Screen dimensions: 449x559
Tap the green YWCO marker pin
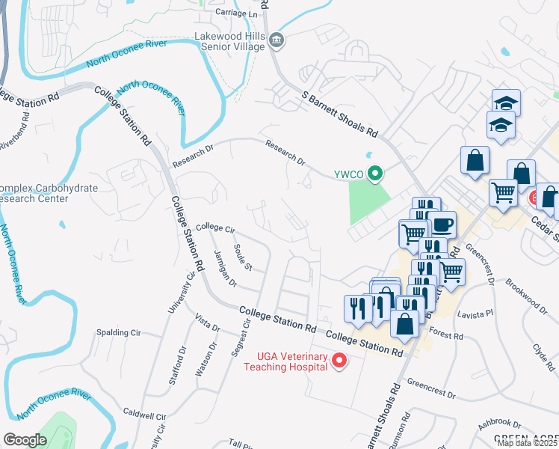376,174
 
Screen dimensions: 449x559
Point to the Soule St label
244,257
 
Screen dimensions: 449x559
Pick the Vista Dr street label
207,323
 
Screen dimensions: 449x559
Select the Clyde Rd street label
542,352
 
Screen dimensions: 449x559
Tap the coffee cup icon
442,224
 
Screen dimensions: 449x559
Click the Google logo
25,440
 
